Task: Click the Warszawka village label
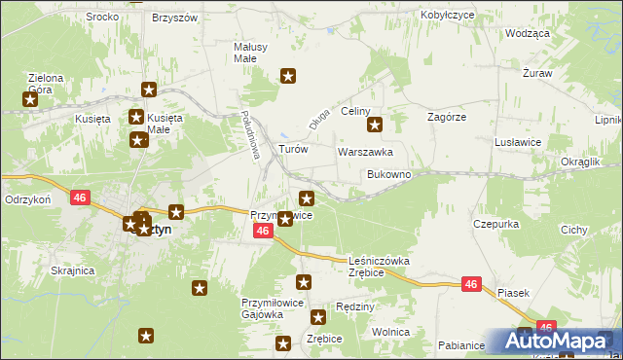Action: pyautogui.click(x=365, y=152)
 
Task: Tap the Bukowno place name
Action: pyautogui.click(x=389, y=174)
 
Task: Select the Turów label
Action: pyautogui.click(x=293, y=149)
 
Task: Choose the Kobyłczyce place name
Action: pyautogui.click(x=447, y=16)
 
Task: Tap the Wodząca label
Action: pyautogui.click(x=528, y=32)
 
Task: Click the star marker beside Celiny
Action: pyautogui.click(x=375, y=125)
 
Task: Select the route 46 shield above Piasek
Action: pyautogui.click(x=471, y=284)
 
